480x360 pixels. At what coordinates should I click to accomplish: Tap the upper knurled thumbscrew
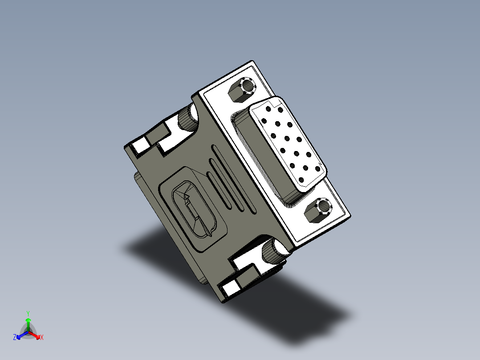[188, 119]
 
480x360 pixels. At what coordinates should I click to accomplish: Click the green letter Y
[28, 313]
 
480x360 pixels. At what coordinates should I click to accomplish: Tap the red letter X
[42, 338]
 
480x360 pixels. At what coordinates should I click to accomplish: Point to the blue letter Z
[15, 338]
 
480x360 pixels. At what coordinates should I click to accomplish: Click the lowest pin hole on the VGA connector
[301, 180]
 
